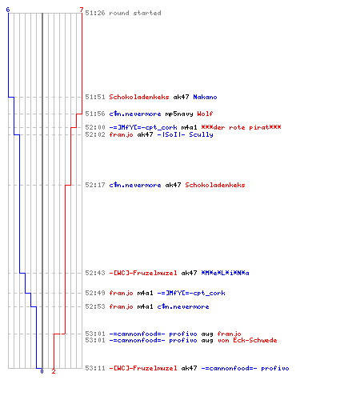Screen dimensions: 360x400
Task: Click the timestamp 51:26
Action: tap(95, 13)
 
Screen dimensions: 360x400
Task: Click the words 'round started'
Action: tap(135, 13)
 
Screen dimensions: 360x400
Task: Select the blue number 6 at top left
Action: tap(8, 10)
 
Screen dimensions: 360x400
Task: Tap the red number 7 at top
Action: tap(82, 10)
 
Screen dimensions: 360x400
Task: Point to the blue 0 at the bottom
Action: tap(42, 371)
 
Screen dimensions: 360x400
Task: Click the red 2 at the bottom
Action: tap(54, 371)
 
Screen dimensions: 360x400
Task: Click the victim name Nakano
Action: tap(205, 97)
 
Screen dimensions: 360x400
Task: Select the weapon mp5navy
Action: tap(179, 114)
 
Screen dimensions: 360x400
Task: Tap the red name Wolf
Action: tap(205, 114)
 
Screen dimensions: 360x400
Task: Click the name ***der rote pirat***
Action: tap(241, 127)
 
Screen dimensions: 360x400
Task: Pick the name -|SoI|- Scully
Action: tap(185, 134)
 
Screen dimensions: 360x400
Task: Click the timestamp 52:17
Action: tap(95, 185)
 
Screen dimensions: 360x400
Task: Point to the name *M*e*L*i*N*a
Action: tap(225, 273)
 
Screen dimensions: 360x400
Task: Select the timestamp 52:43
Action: tap(95, 273)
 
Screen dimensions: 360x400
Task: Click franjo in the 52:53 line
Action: tap(121, 306)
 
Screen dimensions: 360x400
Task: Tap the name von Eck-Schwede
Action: tap(247, 340)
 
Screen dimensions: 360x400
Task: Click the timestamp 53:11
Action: tap(95, 368)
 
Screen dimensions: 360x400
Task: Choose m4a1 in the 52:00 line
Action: tap(189, 127)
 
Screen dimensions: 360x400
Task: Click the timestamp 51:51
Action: tap(95, 97)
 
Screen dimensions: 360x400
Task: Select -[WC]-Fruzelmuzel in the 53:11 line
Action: tap(143, 368)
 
